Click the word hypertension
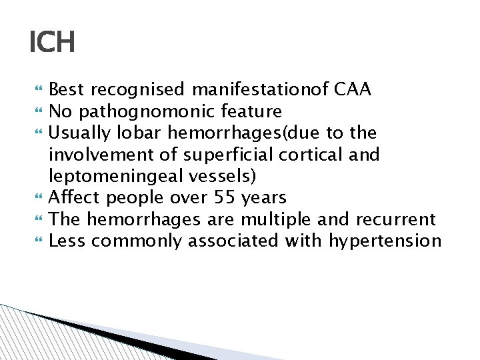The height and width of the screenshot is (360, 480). [385, 241]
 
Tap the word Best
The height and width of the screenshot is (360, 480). [67, 89]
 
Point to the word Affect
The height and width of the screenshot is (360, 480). [73, 197]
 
